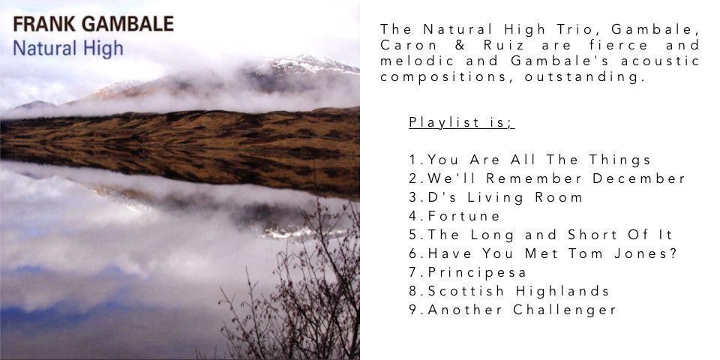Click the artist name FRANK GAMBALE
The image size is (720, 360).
point(93,24)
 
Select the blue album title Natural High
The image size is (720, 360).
point(68,48)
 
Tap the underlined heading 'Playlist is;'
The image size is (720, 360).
point(461,122)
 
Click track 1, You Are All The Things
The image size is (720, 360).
point(530,160)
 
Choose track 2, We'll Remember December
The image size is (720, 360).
point(547,178)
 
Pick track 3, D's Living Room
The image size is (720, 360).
point(496,197)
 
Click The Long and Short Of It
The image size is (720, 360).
point(541,235)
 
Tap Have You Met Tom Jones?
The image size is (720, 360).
point(543,253)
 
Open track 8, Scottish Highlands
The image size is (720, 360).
point(509,291)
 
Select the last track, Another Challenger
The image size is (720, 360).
point(512,310)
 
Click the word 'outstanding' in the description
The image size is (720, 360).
point(582,77)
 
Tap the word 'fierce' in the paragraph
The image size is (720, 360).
point(616,46)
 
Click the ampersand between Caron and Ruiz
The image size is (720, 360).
point(460,46)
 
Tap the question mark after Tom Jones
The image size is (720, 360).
point(673,253)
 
